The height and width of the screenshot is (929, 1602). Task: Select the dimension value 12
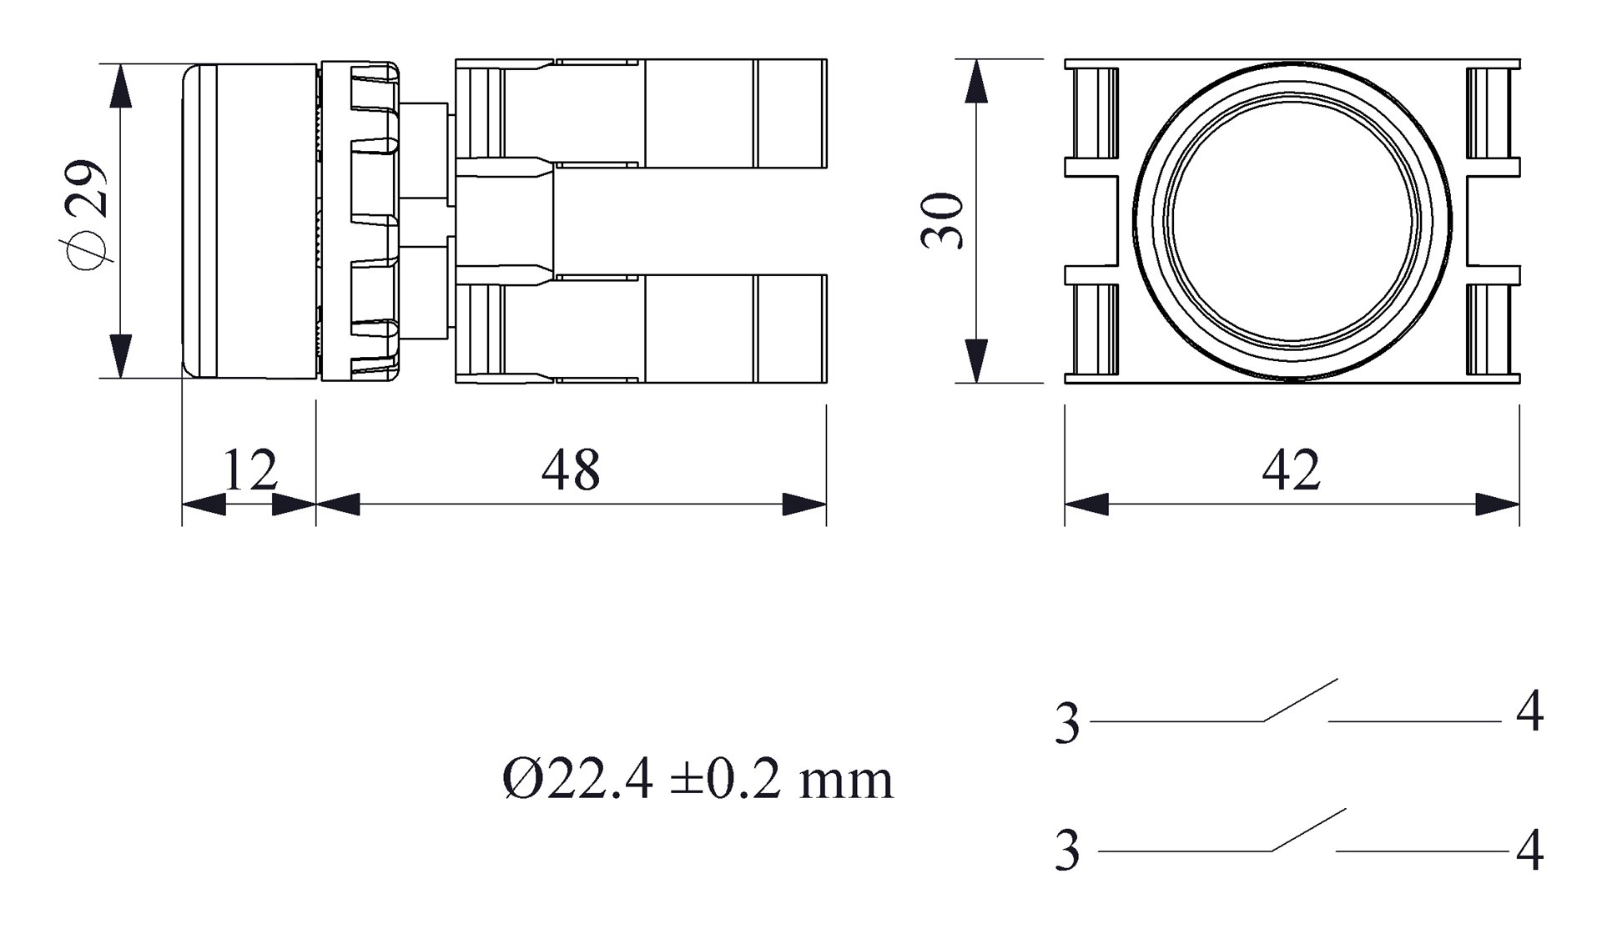click(249, 470)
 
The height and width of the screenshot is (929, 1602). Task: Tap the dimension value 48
click(570, 470)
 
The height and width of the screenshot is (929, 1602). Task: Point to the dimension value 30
click(943, 221)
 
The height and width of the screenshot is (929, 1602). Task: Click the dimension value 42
click(1291, 470)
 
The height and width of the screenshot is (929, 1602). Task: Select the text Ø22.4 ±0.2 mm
click(698, 781)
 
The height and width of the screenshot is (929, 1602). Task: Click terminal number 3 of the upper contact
click(1067, 723)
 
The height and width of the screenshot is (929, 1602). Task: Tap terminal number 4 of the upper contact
click(1529, 714)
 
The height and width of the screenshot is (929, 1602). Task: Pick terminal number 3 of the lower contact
click(1067, 851)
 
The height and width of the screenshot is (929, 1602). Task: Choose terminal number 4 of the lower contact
click(1529, 851)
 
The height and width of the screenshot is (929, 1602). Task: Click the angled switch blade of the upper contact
click(1300, 701)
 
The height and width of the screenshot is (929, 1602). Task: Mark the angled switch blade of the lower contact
click(1308, 831)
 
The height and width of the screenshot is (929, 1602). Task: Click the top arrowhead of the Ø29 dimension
click(121, 85)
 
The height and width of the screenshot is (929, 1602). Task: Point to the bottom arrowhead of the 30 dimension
click(975, 361)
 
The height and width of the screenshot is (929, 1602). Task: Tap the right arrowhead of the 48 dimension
click(804, 504)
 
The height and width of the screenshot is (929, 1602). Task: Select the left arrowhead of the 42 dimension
click(1086, 504)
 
